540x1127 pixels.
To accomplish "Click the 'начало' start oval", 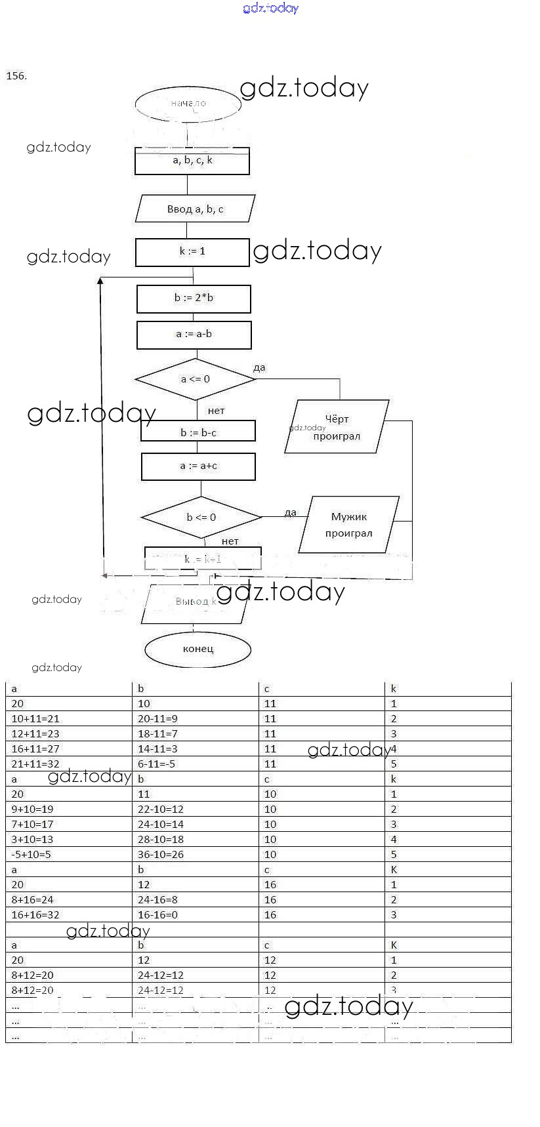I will (188, 104).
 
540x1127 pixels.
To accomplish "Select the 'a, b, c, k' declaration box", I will (192, 161).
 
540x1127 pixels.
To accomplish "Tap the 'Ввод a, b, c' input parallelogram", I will (195, 209).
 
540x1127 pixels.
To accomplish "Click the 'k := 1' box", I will (192, 252).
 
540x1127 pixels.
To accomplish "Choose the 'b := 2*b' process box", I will (194, 298).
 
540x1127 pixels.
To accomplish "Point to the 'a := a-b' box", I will (194, 335).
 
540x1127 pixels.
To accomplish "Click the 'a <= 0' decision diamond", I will (195, 379).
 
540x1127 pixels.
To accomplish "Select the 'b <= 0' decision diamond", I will (201, 518).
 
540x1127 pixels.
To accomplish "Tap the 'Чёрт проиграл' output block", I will (337, 427).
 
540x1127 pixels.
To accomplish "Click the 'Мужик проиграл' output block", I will (348, 525).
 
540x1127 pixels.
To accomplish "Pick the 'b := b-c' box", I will (198, 432).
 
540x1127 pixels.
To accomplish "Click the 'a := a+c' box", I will (198, 466).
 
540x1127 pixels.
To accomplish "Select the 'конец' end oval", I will (197, 649).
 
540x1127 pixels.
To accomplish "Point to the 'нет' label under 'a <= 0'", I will (216, 411).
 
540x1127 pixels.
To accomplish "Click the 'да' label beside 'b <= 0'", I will (290, 512).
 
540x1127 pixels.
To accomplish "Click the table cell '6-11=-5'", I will (156, 764).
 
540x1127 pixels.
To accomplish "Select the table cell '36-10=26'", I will (161, 855).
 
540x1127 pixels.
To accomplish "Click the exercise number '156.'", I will (16, 76).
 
